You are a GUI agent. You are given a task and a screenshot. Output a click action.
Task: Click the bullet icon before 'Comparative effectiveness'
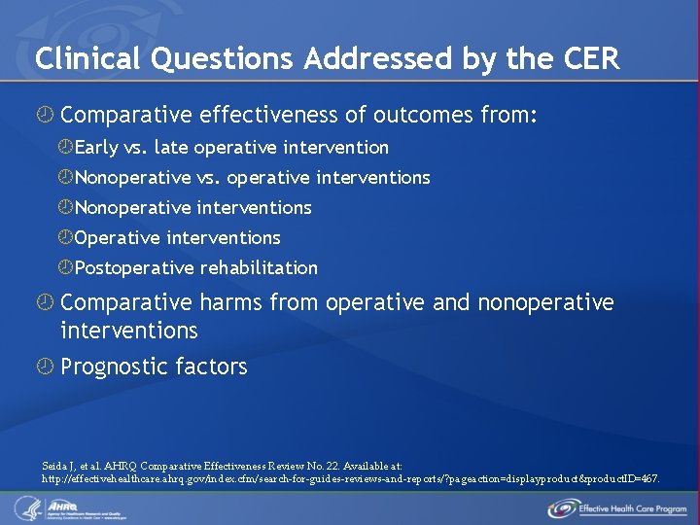(44, 117)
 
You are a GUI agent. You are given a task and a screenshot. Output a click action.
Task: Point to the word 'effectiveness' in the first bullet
(269, 116)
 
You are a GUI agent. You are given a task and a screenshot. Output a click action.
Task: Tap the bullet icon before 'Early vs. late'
(65, 148)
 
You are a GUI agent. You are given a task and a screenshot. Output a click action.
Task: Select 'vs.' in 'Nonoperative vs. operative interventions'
(210, 178)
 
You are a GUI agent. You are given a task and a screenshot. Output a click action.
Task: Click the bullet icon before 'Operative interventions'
(65, 238)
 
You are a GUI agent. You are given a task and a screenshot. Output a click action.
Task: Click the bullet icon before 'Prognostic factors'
(44, 367)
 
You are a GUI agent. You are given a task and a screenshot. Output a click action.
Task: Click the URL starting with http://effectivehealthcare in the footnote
(350, 479)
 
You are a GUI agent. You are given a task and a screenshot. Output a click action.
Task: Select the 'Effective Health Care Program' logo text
(630, 508)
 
